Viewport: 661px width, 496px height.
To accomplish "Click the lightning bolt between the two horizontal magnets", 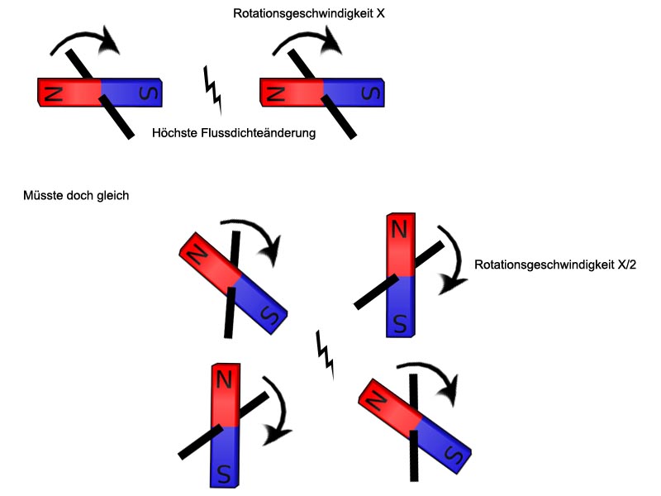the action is tap(213, 91).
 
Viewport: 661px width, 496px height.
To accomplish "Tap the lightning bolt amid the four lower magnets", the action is tap(325, 355).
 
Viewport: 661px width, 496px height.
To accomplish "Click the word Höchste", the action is tap(175, 133).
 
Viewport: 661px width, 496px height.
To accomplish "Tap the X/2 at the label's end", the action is tap(626, 265).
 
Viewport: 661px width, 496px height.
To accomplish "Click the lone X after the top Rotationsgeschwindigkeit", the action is tap(380, 13).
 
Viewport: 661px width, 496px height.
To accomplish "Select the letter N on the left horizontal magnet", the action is tap(54, 93).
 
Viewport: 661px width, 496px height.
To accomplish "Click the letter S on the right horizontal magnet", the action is tap(370, 93).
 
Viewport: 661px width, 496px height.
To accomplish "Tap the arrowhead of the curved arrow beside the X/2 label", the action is tap(450, 283).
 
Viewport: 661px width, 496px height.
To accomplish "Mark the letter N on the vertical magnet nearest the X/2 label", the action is tap(399, 229).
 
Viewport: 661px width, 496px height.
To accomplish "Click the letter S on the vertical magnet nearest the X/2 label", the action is tap(400, 323).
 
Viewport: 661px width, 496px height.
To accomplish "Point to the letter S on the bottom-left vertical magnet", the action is tap(224, 474).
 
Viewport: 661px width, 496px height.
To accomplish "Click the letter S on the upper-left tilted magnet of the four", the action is tap(270, 314).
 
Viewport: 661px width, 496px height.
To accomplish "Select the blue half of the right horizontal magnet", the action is tap(354, 93).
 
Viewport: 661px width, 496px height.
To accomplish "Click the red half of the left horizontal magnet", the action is tap(69, 93).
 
